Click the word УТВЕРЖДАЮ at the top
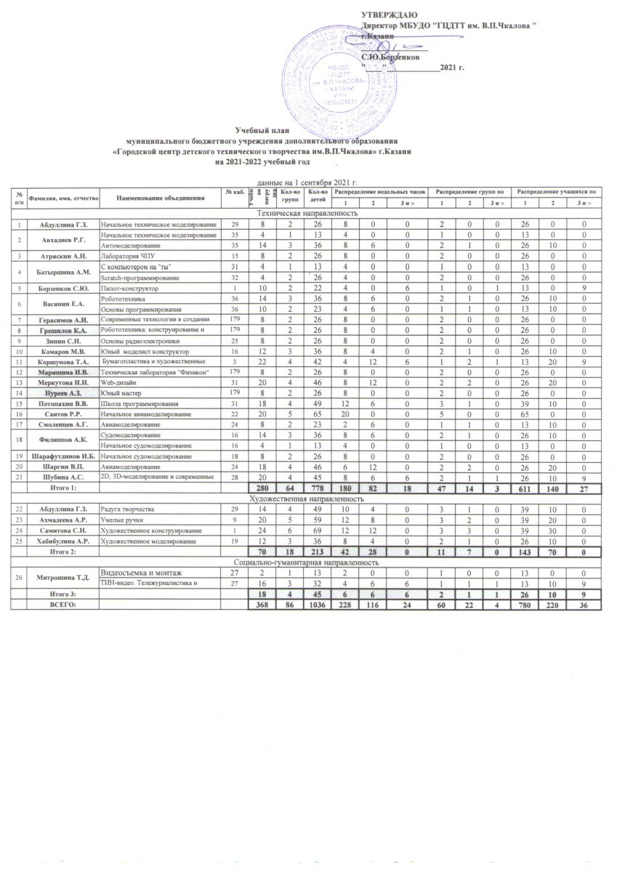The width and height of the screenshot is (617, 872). (389, 16)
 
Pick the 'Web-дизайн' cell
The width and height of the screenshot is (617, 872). (116, 383)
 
